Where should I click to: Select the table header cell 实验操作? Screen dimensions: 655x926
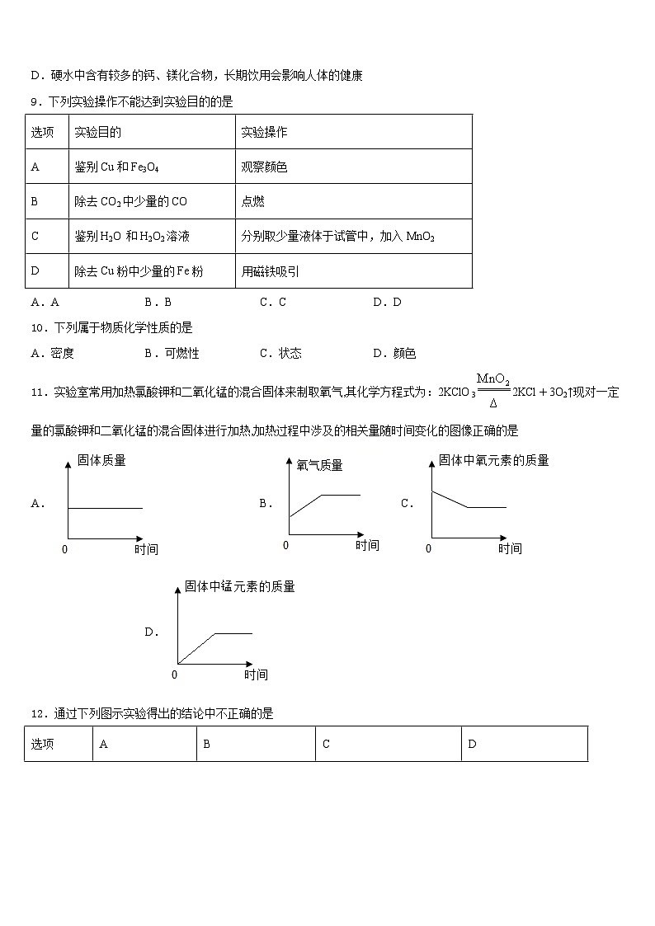(x=264, y=132)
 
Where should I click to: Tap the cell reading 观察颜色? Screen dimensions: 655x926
(x=264, y=167)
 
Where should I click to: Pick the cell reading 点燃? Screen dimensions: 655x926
(x=253, y=201)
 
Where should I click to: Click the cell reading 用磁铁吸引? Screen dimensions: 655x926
(x=271, y=270)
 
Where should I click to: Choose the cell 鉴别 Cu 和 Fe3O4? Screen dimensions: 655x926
(x=116, y=167)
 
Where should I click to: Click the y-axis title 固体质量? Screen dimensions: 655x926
(x=101, y=461)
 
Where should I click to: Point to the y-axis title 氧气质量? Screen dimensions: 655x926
(x=319, y=466)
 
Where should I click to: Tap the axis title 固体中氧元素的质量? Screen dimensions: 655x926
(x=493, y=460)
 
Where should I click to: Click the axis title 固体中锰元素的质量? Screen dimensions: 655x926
(x=240, y=586)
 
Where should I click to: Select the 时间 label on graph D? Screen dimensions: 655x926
(x=256, y=675)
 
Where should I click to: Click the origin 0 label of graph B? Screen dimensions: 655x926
(x=286, y=545)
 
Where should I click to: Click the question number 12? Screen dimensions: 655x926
(x=36, y=713)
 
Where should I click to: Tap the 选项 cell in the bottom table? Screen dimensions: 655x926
(x=43, y=744)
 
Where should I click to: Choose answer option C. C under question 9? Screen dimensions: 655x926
(x=273, y=302)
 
